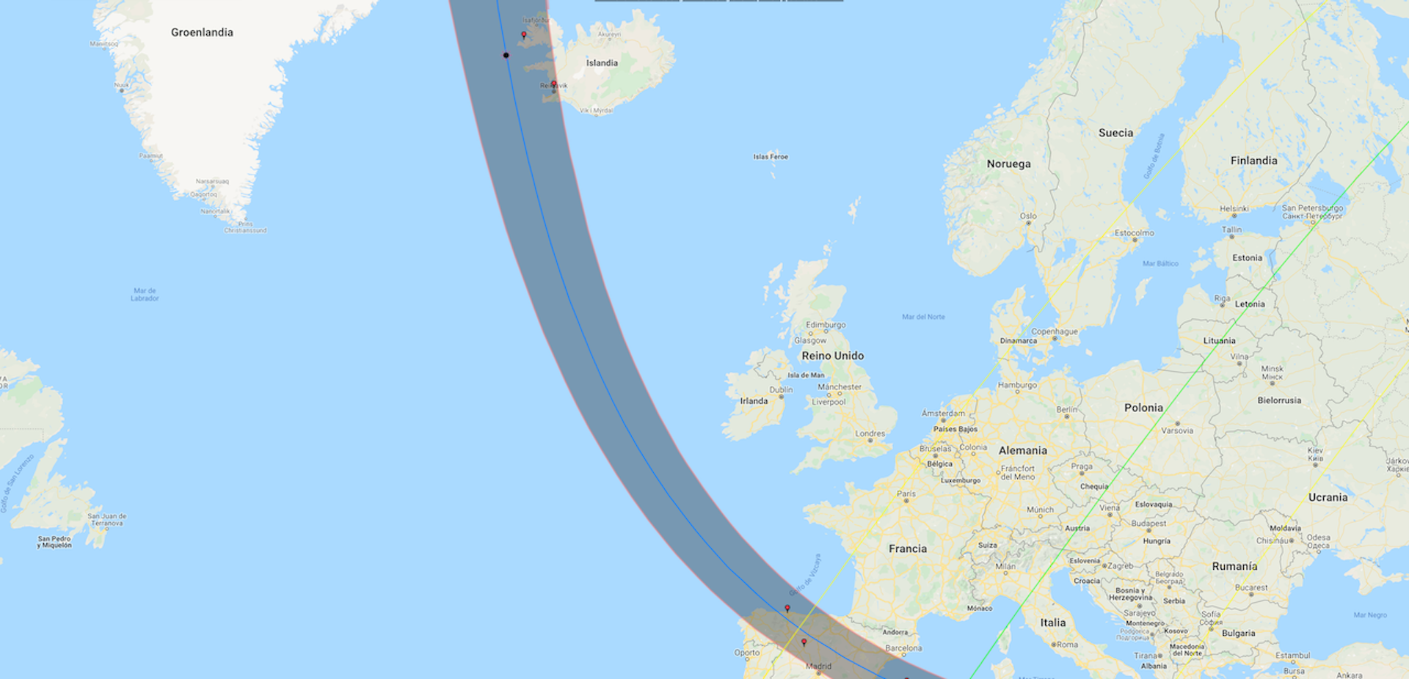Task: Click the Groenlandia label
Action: click(x=202, y=32)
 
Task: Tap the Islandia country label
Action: click(x=602, y=63)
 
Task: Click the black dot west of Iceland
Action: click(x=506, y=55)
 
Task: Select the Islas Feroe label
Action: click(x=770, y=157)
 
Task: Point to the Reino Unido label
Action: click(x=832, y=356)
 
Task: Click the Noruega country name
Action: click(x=1008, y=164)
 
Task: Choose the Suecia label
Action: click(x=1115, y=133)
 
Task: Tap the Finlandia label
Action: click(x=1253, y=161)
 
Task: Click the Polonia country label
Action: click(x=1143, y=408)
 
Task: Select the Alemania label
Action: click(x=1022, y=450)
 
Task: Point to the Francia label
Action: click(x=907, y=548)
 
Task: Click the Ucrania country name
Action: click(x=1328, y=497)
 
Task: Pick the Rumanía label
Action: click(x=1234, y=566)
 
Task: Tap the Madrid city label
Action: click(x=818, y=667)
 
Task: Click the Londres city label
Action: click(x=870, y=433)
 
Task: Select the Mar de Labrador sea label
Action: click(x=145, y=295)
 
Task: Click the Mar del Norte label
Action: click(x=923, y=317)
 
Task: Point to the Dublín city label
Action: click(x=781, y=389)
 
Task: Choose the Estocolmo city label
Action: click(x=1134, y=233)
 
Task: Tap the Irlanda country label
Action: click(x=754, y=401)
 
